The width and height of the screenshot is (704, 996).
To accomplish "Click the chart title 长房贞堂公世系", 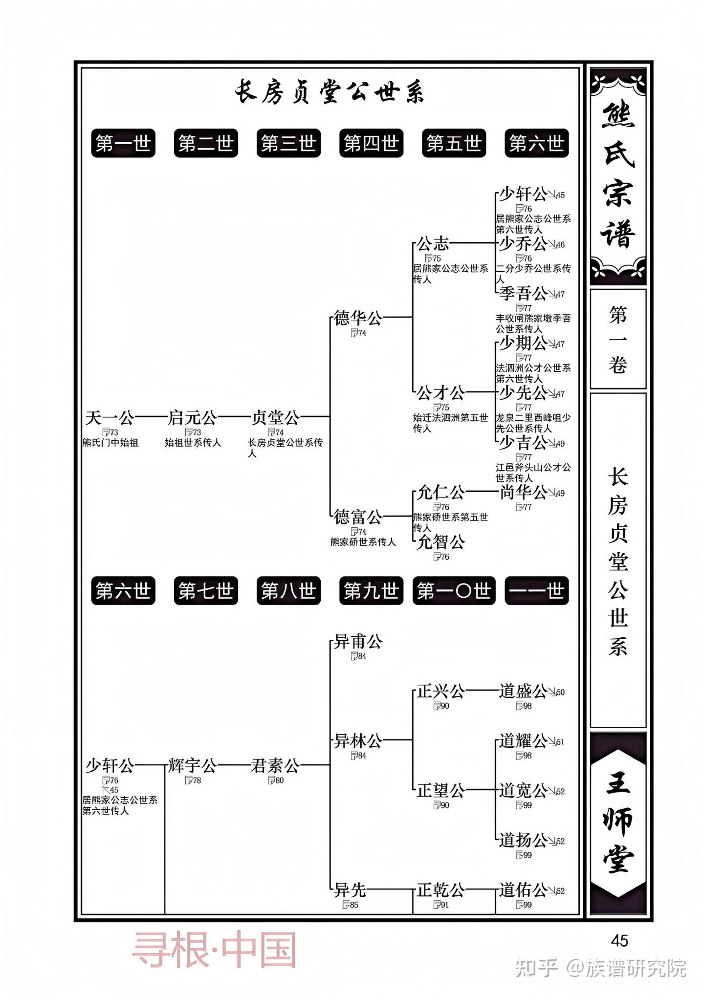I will point(329,92).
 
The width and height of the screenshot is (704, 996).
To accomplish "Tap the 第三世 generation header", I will point(288,143).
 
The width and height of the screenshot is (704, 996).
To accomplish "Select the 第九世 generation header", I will point(371,591).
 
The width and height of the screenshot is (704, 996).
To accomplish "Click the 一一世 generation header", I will point(536,591).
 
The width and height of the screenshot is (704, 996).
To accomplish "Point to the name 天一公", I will point(110,418).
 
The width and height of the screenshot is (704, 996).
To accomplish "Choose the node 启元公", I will point(192,418).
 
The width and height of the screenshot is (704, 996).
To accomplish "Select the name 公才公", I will point(440,392).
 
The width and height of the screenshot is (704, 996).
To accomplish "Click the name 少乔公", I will point(523,243).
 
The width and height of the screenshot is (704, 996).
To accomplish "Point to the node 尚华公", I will point(523,492).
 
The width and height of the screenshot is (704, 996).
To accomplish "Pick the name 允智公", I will point(440,542).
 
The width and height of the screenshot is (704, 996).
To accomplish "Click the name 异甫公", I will point(357,642).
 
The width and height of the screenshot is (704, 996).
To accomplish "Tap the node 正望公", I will point(440,791).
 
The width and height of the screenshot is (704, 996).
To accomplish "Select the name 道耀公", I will point(523,741).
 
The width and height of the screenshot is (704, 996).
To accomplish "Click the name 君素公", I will point(275,766).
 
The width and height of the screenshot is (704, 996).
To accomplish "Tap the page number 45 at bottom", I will point(619,940).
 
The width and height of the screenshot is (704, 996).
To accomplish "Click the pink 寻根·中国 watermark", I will point(214,950).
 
